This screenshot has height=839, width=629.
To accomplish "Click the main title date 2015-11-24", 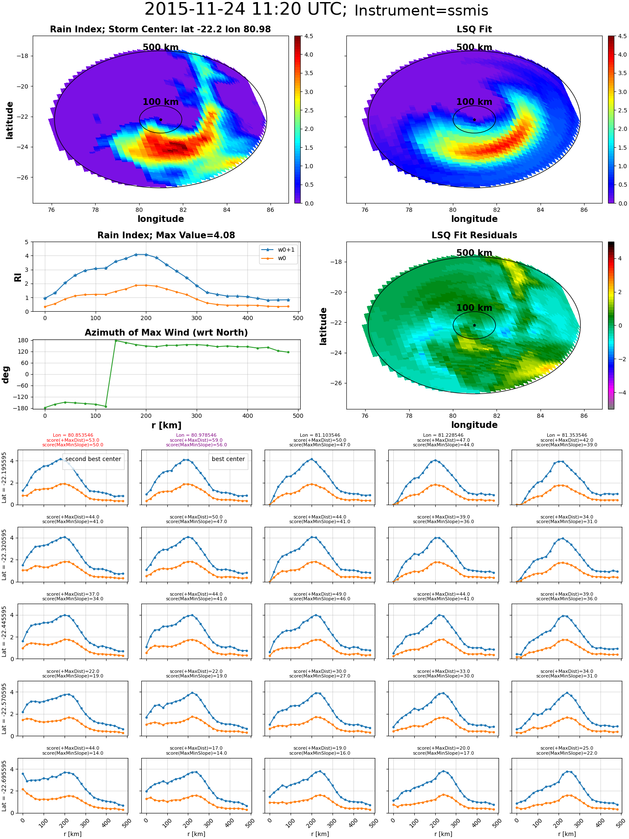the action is [x=195, y=9].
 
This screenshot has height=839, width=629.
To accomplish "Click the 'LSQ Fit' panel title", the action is [x=474, y=29].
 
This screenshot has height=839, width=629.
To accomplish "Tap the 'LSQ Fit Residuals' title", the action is [x=474, y=235].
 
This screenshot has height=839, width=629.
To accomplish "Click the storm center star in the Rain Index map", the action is [x=161, y=120].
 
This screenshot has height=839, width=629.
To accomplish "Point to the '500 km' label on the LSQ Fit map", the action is [x=474, y=47].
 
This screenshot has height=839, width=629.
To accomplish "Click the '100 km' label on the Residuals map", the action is [x=474, y=308].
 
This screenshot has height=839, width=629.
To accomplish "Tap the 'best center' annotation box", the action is [x=228, y=459].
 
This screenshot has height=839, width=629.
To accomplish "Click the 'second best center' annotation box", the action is [x=93, y=459].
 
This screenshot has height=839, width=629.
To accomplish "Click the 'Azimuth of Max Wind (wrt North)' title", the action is [x=166, y=333].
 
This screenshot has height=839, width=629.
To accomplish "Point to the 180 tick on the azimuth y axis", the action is [x=23, y=340].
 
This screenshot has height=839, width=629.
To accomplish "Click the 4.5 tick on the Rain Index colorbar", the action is [x=309, y=36].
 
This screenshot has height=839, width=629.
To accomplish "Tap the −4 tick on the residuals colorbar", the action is [x=620, y=393].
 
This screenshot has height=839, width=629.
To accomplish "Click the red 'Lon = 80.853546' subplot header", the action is [x=73, y=435].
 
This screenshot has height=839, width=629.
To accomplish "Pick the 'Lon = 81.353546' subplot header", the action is [x=567, y=435].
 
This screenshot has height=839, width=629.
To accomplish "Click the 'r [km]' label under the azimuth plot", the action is [x=166, y=425].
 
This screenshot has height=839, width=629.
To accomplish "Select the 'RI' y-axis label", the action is [x=18, y=277].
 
